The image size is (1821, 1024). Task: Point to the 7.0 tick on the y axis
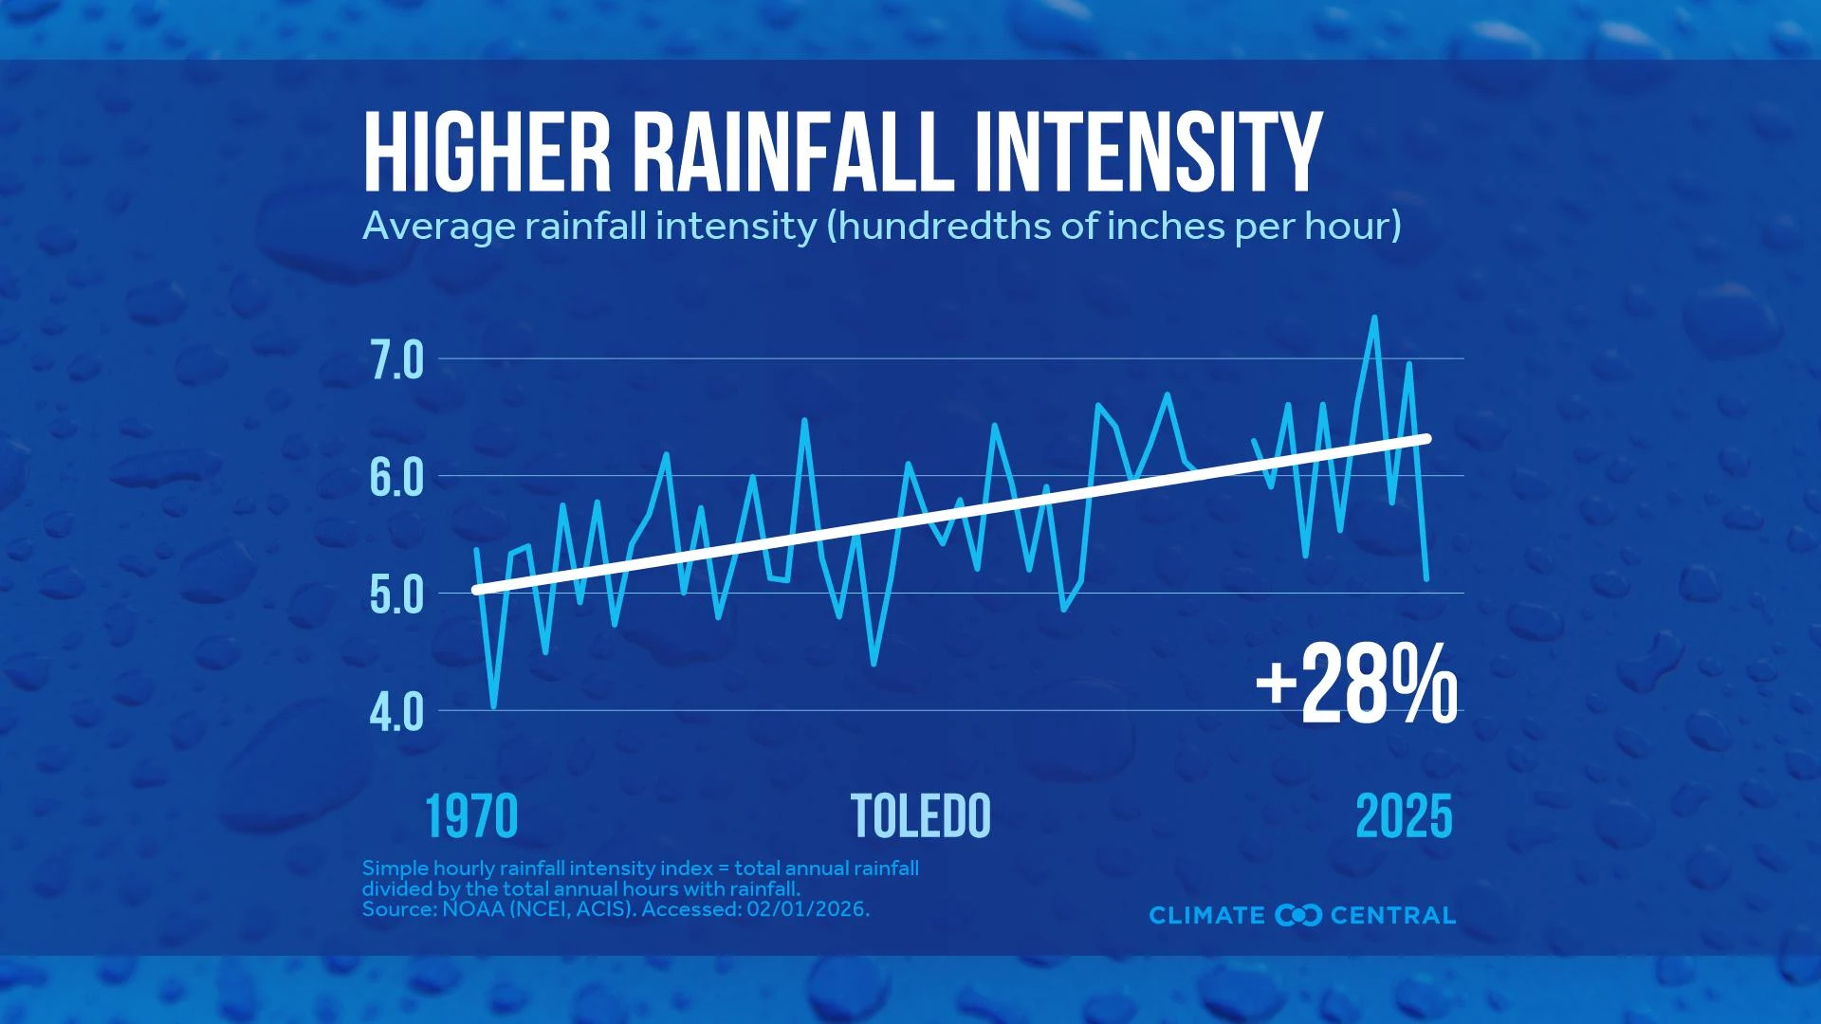click(395, 362)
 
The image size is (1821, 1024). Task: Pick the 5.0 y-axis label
click(395, 596)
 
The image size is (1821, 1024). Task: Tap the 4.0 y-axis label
click(395, 713)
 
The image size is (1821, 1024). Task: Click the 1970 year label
click(471, 816)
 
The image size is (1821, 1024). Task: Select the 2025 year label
click(1404, 816)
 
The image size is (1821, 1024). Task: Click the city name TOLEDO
click(920, 816)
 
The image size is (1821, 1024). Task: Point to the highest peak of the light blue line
click(1374, 318)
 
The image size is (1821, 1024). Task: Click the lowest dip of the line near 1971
click(493, 706)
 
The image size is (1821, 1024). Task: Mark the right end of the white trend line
click(1426, 438)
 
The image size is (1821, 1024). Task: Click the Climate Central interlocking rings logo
click(1298, 915)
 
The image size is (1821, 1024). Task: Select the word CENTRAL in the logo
click(1392, 915)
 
